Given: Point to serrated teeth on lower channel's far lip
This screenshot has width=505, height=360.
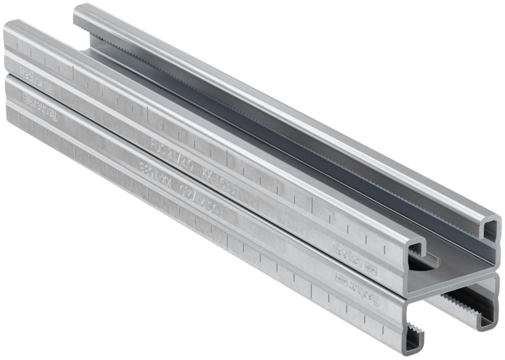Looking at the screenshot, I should [454, 303].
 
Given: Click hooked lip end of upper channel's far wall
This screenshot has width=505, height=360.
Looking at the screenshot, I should [490, 229].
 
